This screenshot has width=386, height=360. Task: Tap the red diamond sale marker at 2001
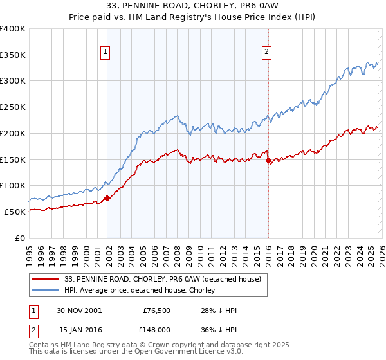point(107,198)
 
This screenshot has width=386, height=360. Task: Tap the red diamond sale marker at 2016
point(268,161)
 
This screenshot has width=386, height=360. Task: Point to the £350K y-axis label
point(13,55)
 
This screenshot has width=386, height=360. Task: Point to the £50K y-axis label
point(15,212)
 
